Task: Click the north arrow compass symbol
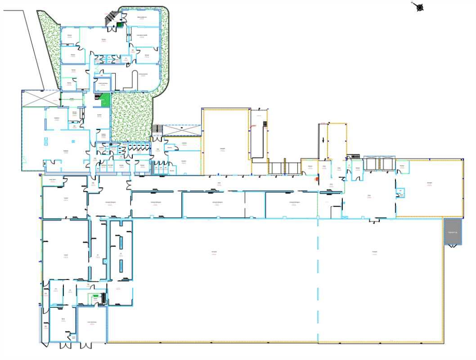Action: (x=419, y=7)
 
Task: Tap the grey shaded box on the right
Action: (x=453, y=232)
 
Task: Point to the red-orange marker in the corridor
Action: (x=317, y=179)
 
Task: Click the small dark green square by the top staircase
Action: (x=120, y=25)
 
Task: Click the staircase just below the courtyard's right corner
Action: (x=157, y=129)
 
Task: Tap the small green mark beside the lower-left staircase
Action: (x=95, y=296)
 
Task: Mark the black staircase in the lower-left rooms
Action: (x=103, y=298)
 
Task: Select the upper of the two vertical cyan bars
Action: (x=120, y=242)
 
